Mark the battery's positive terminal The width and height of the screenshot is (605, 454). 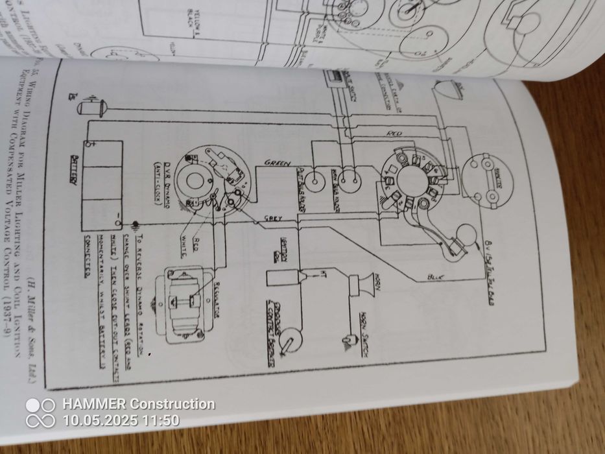tap(93, 144)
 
